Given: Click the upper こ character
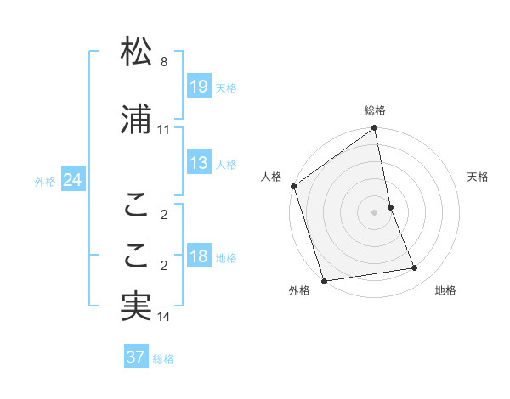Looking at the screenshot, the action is [136, 204].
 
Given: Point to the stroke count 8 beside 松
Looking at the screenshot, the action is [164, 62].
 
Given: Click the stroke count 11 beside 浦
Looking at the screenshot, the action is [163, 130].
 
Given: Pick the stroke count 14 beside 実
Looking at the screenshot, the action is [164, 317].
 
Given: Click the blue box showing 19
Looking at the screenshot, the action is [198, 86].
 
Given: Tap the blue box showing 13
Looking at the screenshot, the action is [198, 163].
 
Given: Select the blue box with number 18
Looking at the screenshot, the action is [198, 256].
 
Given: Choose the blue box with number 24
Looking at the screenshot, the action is [73, 180].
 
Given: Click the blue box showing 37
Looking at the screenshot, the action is [136, 357].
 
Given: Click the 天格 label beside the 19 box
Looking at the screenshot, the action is [226, 87].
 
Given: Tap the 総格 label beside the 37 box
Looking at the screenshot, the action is [163, 359].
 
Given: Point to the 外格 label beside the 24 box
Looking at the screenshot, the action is [45, 182].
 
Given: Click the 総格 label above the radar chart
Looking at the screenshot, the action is [375, 110].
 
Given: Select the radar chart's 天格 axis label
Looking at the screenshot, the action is [479, 177].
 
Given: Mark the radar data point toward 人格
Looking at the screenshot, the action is [293, 186].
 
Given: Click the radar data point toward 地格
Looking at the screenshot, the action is [415, 268].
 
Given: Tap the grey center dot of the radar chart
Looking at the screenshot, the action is [375, 211].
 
